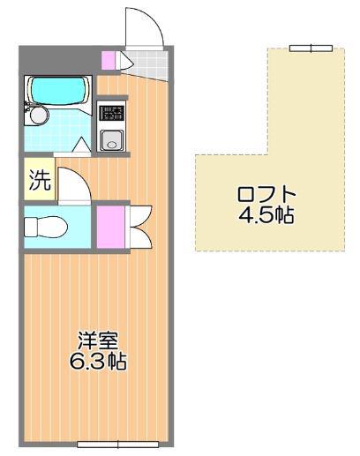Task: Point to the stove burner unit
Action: click(x=113, y=110)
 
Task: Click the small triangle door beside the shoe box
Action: click(x=124, y=62)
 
